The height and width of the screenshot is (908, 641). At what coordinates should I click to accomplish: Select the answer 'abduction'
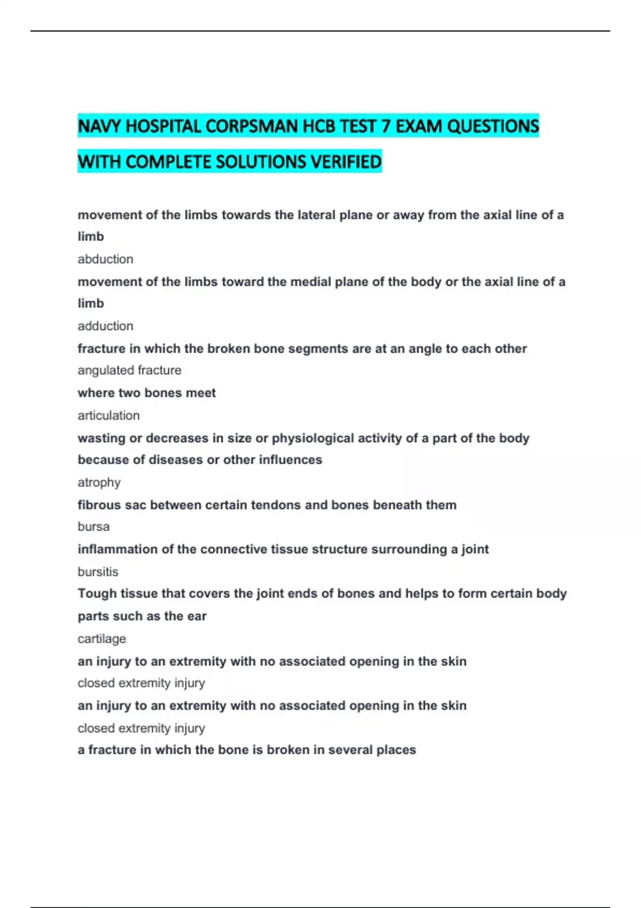[x=105, y=259]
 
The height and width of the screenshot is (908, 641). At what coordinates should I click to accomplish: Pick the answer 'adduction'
[x=105, y=326]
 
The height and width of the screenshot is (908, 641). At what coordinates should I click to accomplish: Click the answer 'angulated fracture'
[x=129, y=370]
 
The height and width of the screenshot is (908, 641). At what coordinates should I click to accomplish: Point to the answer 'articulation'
[x=108, y=416]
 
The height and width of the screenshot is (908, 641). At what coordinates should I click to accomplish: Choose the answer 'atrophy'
[x=99, y=482]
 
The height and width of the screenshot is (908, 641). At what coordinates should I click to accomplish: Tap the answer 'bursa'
[x=93, y=527]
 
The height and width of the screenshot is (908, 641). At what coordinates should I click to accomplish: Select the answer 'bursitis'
[x=98, y=572]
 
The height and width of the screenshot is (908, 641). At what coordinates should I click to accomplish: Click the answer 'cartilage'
[x=101, y=639]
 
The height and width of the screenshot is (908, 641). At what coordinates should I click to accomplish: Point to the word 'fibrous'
[x=99, y=505]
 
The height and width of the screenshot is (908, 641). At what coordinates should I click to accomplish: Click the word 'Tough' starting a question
[x=97, y=593]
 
